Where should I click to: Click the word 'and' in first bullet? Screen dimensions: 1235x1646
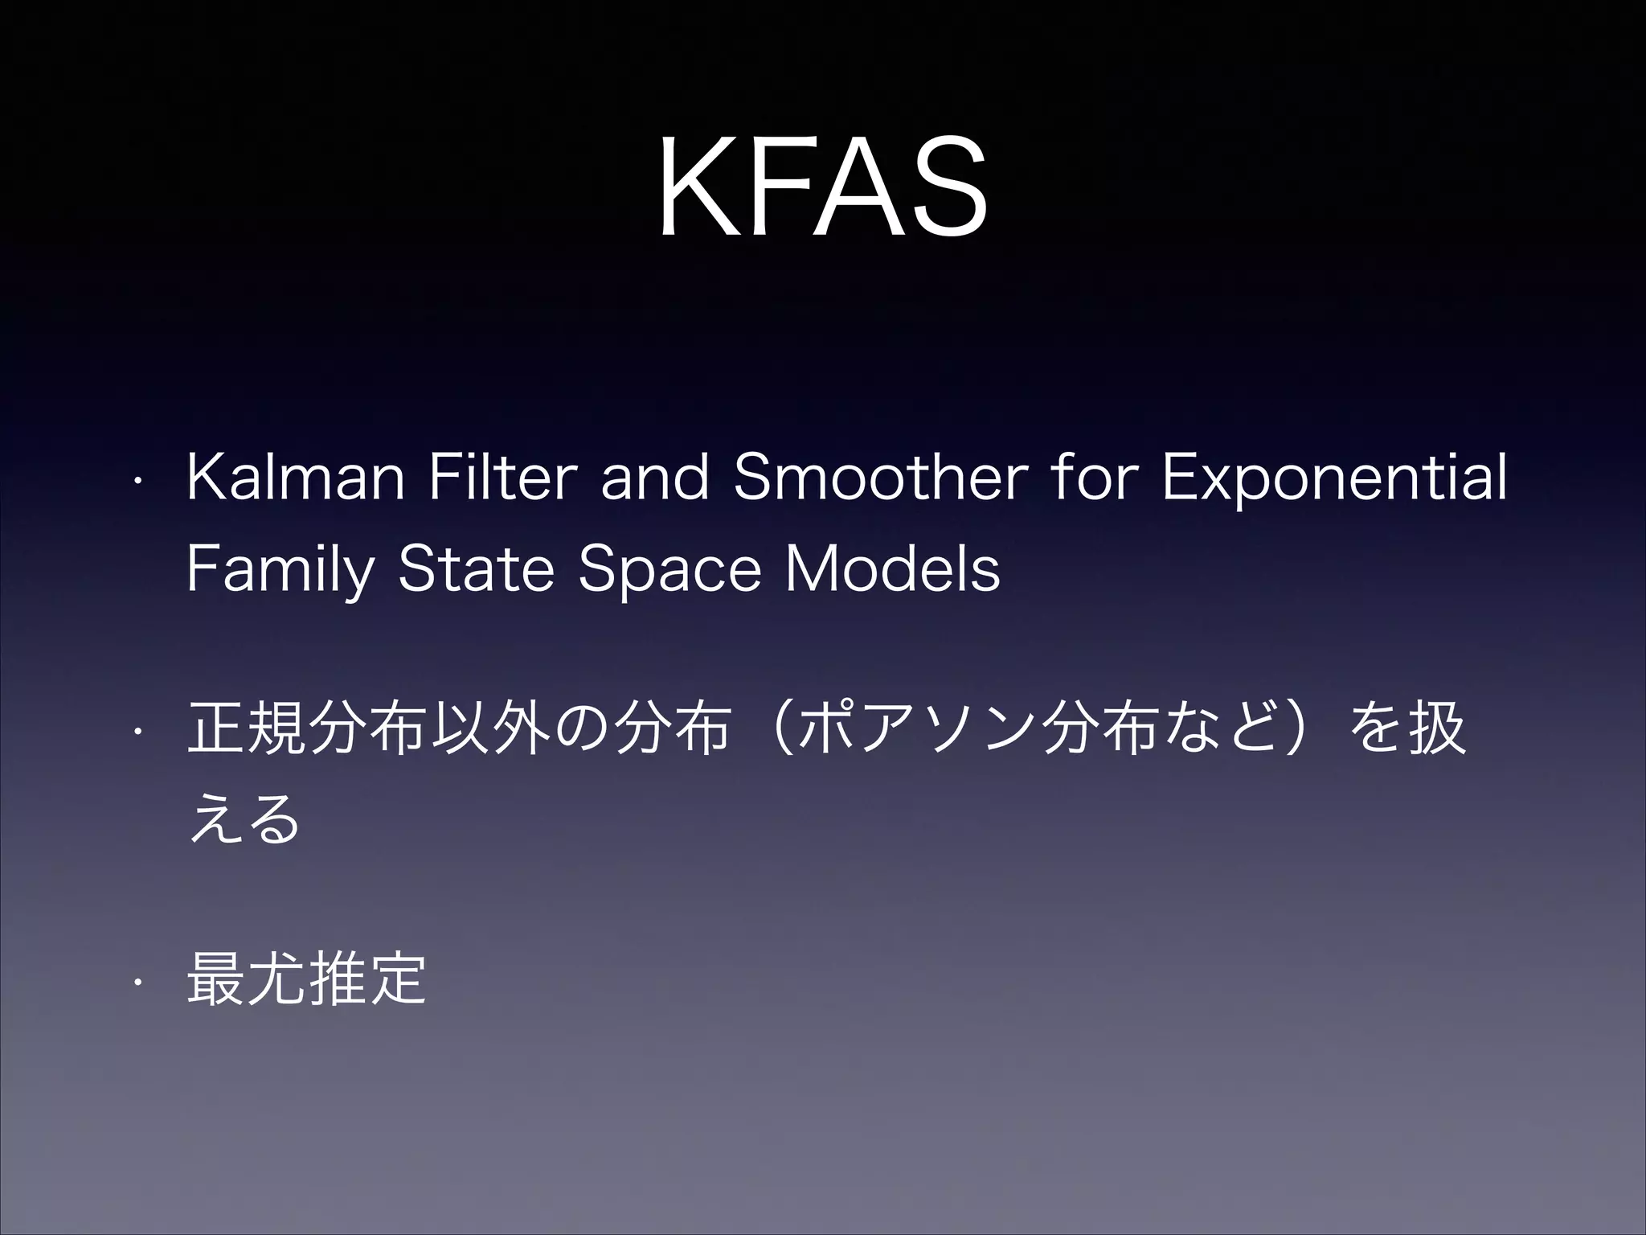tap(655, 478)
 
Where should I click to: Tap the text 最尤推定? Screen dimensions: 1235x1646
tap(305, 979)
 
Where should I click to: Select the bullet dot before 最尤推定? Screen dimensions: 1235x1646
tap(138, 981)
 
